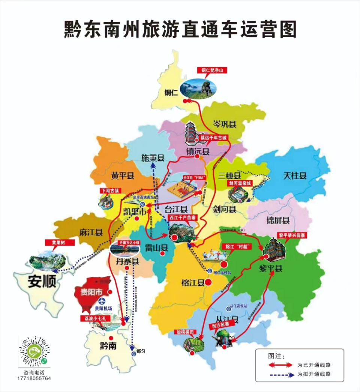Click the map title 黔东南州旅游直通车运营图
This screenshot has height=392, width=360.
[180, 29]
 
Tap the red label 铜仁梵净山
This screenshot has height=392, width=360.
[212, 70]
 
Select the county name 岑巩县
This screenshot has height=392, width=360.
[225, 124]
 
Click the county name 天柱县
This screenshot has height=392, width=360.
[295, 175]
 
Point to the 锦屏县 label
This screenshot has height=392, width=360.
[278, 220]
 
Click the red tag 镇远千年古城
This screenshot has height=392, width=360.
[213, 137]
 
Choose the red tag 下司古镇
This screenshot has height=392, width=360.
[109, 191]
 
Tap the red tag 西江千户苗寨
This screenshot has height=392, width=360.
[183, 217]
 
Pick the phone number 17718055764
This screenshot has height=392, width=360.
[34, 378]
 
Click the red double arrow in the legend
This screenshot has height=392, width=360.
[280, 365]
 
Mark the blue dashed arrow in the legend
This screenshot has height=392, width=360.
[280, 374]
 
